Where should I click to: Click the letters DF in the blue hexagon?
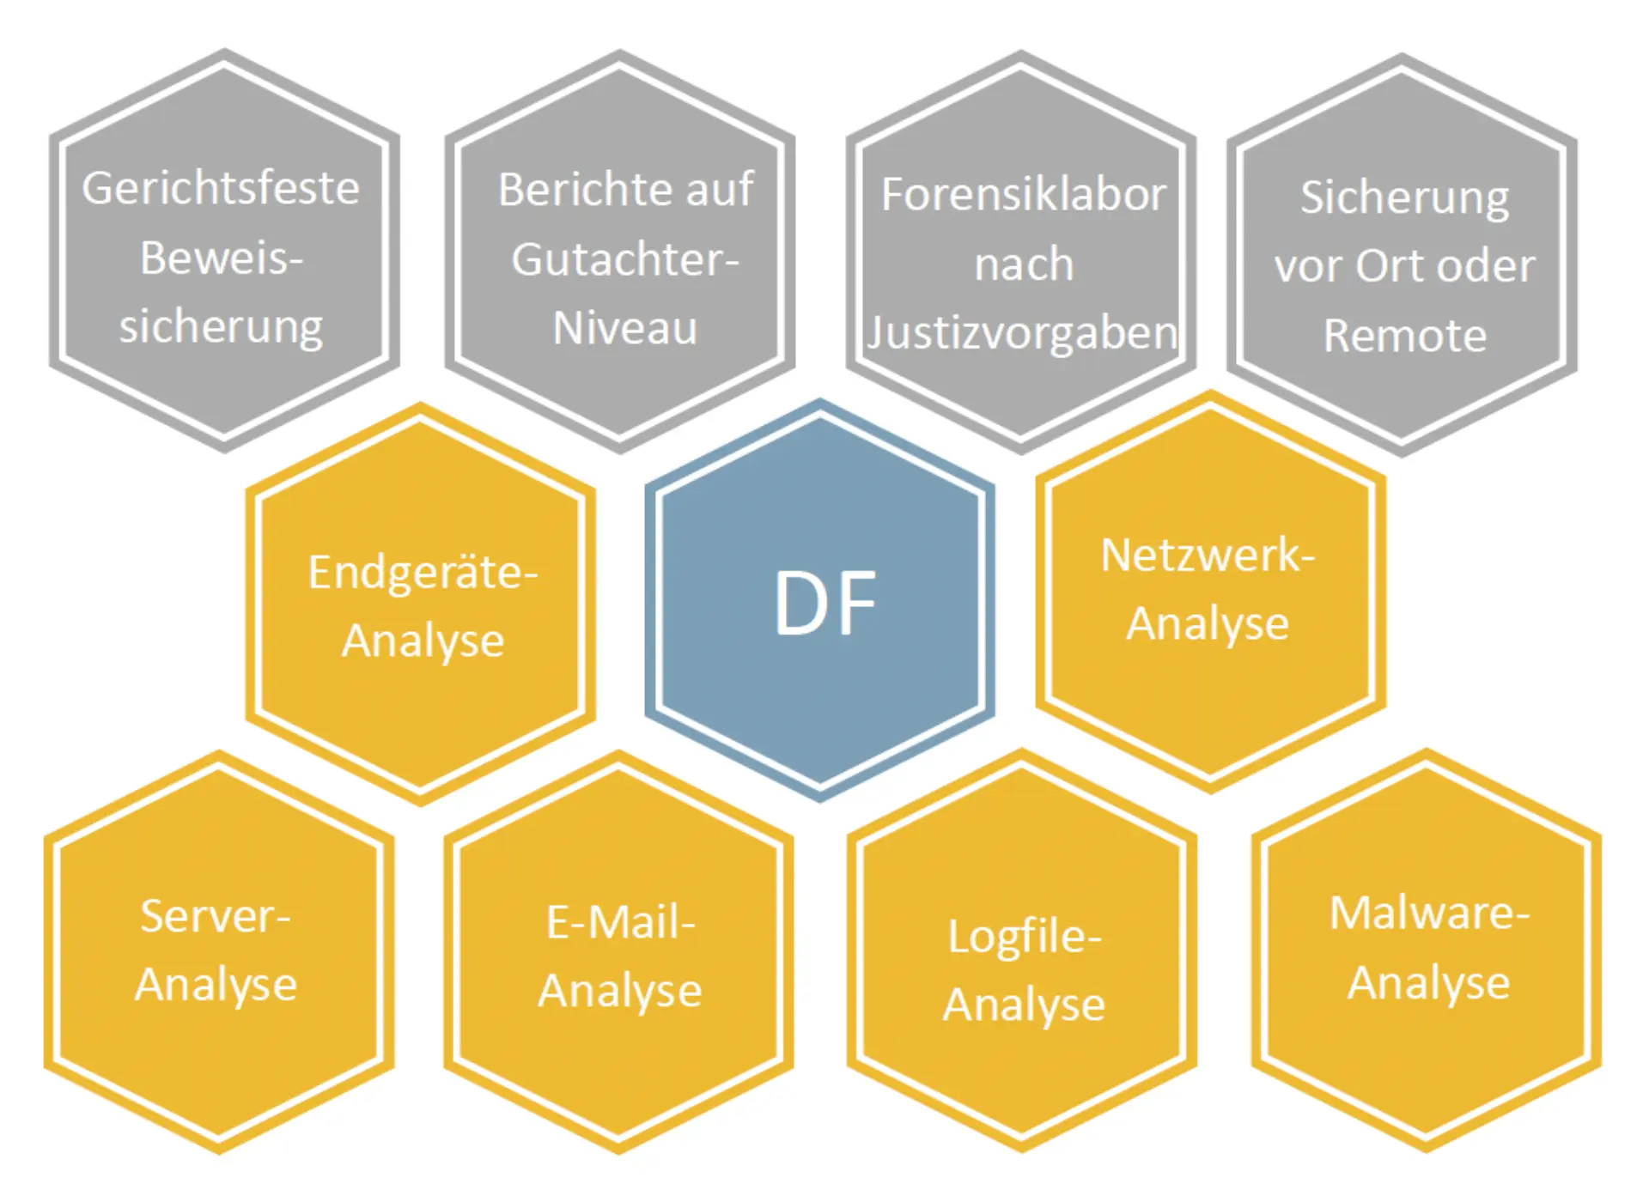pyautogui.click(x=824, y=603)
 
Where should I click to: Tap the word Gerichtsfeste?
pyautogui.click(x=221, y=189)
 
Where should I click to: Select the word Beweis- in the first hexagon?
pyautogui.click(x=222, y=258)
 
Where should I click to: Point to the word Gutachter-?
pyautogui.click(x=625, y=259)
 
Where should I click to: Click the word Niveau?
pyautogui.click(x=624, y=328)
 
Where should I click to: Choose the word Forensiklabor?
pyautogui.click(x=1024, y=195)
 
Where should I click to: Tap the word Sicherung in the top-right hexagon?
pyautogui.click(x=1404, y=198)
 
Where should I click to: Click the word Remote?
pyautogui.click(x=1404, y=336)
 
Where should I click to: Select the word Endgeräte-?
pyautogui.click(x=423, y=573)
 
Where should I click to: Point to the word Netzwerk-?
pyautogui.click(x=1208, y=556)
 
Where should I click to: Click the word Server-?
pyautogui.click(x=216, y=916)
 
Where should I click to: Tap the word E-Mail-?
pyautogui.click(x=620, y=923)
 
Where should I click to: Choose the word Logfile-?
pyautogui.click(x=1024, y=937)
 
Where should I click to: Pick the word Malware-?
pyautogui.click(x=1429, y=913)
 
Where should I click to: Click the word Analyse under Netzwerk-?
pyautogui.click(x=1208, y=624)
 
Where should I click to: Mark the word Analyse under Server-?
pyautogui.click(x=216, y=985)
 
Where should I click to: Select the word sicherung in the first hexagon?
pyautogui.click(x=221, y=328)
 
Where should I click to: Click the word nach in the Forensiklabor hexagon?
pyautogui.click(x=1024, y=264)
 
